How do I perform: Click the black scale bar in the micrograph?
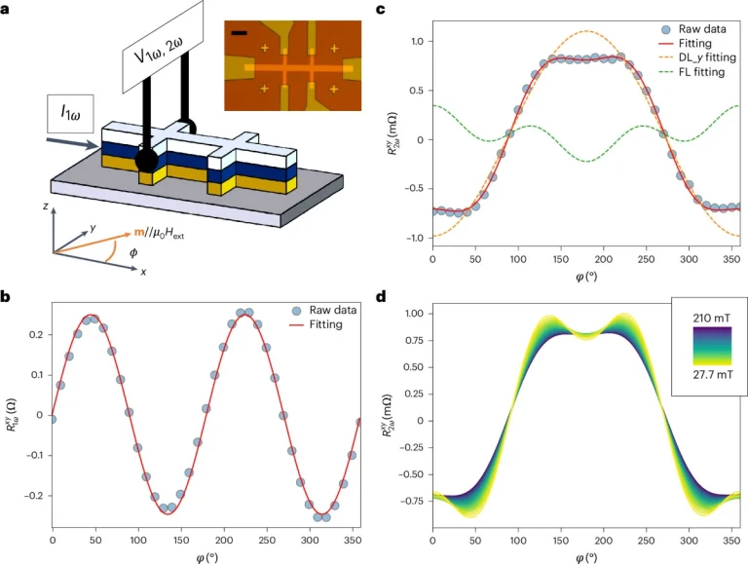pos(238,33)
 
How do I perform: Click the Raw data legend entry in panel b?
pos(323,309)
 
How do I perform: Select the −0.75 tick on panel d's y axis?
pos(407,501)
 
